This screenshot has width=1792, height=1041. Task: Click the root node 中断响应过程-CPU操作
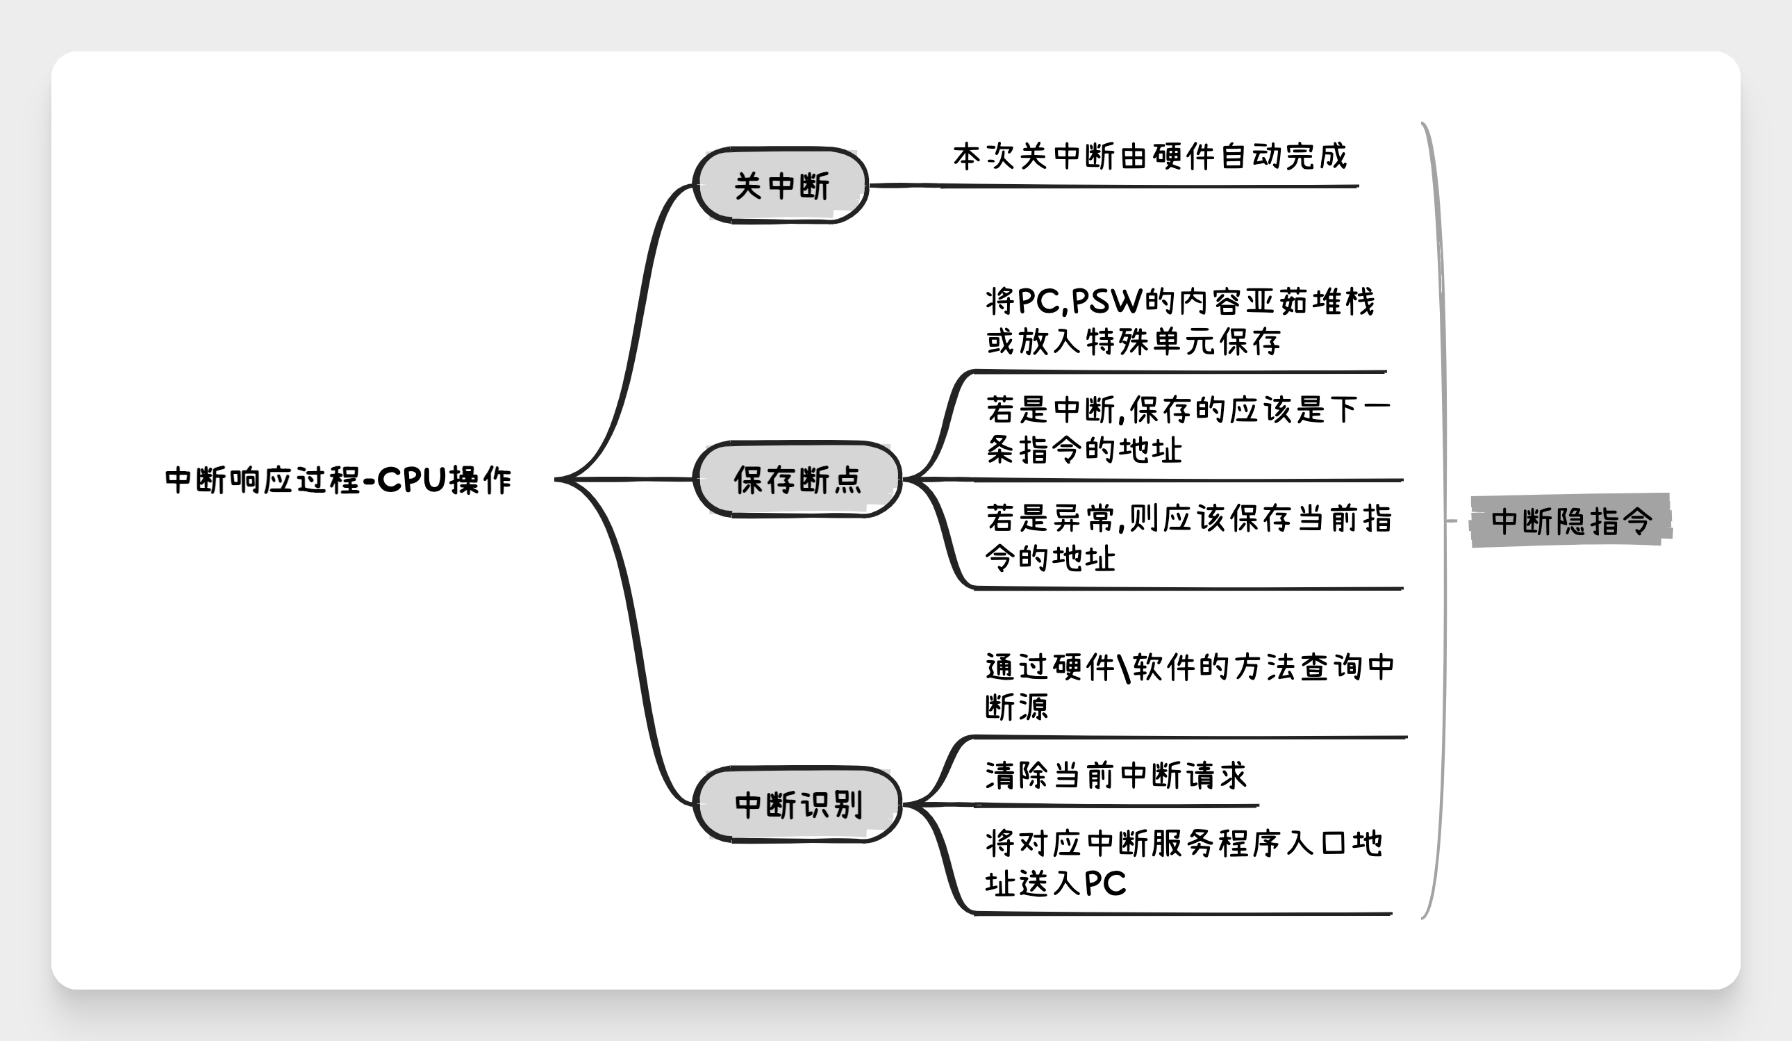tap(338, 480)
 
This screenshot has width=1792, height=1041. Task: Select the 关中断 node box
tap(781, 186)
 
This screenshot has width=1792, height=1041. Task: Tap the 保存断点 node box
tap(797, 479)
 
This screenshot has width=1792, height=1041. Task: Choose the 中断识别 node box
tap(797, 805)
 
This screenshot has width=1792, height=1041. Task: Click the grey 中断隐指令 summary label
tap(1571, 521)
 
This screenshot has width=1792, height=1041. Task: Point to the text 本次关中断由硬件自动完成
tap(1150, 156)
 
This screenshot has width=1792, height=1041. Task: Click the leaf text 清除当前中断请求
tap(1115, 776)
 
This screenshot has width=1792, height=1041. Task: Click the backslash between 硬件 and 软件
tap(1124, 667)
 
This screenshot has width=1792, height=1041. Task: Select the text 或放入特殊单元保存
tap(1134, 341)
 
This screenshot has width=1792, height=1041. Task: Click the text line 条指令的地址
tap(1084, 450)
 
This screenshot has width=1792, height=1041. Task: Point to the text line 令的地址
tap(1050, 558)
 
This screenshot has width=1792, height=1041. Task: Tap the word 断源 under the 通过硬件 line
tap(1017, 707)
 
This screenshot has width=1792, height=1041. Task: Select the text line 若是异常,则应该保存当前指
tap(1189, 518)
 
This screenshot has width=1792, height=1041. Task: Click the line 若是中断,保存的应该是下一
tap(1188, 410)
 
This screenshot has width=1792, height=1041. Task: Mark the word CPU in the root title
tap(412, 480)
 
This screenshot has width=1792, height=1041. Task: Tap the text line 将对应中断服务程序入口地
tap(1184, 844)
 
